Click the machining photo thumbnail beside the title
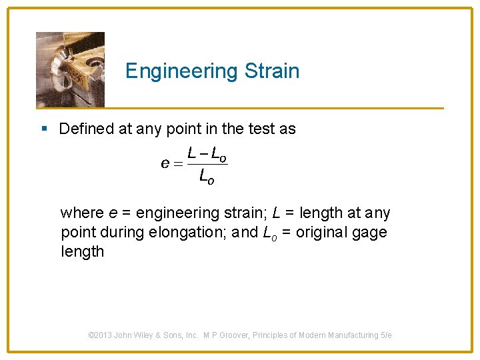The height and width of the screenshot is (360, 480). (70, 69)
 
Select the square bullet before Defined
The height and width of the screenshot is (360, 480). (44, 128)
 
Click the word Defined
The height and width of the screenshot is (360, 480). (86, 129)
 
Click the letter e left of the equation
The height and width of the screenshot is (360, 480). (165, 163)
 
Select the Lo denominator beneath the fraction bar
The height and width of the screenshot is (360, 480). (207, 177)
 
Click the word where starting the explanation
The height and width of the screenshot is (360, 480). (82, 213)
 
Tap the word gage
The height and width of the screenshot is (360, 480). (371, 233)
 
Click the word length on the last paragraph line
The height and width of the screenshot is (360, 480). (83, 252)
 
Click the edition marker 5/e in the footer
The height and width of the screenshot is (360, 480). (386, 335)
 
